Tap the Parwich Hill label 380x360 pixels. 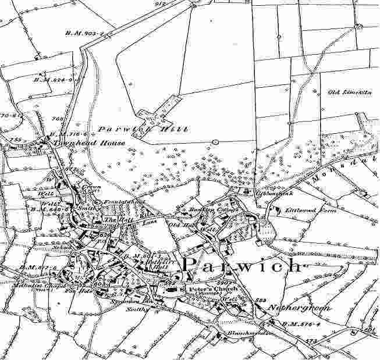143,130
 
